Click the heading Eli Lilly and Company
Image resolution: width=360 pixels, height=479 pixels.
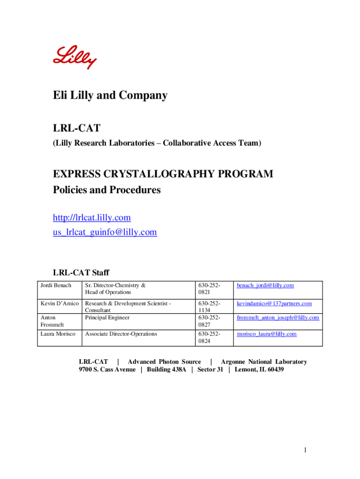[x=110, y=96]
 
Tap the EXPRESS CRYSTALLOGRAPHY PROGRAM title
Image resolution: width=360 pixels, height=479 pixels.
[x=163, y=174]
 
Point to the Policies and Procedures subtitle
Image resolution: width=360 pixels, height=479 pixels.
[x=107, y=190]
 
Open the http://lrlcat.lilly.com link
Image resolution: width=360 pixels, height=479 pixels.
[x=92, y=218]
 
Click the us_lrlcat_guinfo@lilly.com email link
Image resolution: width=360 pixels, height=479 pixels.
[x=105, y=232]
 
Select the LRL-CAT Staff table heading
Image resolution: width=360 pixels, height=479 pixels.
[x=81, y=273]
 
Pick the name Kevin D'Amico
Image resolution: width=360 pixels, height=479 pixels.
[x=60, y=304]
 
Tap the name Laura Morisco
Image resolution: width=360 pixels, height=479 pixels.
[x=58, y=334]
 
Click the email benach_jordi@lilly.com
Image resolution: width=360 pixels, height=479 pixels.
[x=265, y=285]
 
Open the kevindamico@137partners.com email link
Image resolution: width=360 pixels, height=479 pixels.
[x=274, y=304]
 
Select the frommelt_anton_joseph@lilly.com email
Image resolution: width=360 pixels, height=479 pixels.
[x=278, y=318]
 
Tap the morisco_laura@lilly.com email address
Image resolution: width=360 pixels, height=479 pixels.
[x=266, y=334]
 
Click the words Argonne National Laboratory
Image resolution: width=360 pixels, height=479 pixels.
[x=264, y=362]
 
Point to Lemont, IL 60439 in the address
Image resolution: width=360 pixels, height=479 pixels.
[x=259, y=370]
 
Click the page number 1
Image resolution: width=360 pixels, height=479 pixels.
[x=305, y=450]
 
